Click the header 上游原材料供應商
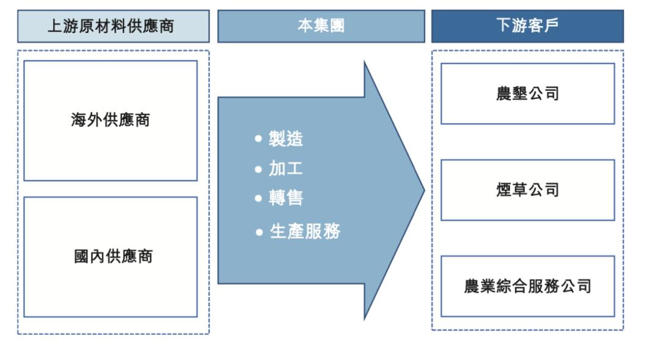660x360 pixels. (x=113, y=26)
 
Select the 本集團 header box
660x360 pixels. (x=321, y=26)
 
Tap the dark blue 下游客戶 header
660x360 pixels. (x=527, y=26)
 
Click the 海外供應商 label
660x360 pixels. (x=111, y=120)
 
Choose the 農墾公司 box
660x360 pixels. (x=527, y=94)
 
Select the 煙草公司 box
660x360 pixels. (x=527, y=190)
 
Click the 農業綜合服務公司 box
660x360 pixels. (x=527, y=286)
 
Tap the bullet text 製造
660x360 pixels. (x=286, y=139)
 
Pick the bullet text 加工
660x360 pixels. (x=286, y=169)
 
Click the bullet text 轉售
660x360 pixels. (x=286, y=198)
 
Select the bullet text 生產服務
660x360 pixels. (x=305, y=232)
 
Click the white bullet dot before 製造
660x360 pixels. (x=258, y=139)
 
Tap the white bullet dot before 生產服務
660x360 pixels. (x=259, y=232)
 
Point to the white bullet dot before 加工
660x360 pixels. (x=258, y=169)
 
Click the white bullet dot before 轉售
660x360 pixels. (x=258, y=199)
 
